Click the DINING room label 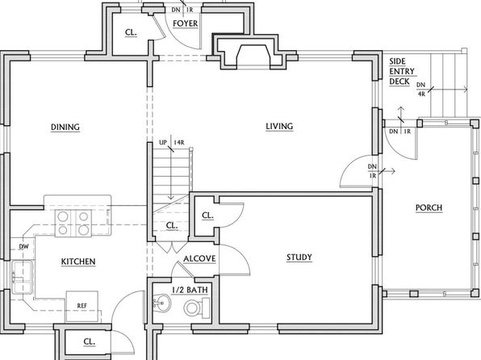[65, 127]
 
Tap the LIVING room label [279, 126]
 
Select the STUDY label [299, 257]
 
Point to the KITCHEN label [78, 262]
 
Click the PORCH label [429, 207]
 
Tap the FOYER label [186, 23]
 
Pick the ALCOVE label [199, 259]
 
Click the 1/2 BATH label [190, 290]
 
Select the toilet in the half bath [197, 308]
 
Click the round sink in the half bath [161, 303]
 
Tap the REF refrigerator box [82, 306]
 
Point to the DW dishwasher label [23, 246]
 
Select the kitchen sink [22, 277]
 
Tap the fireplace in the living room [252, 52]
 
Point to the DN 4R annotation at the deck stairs [421, 90]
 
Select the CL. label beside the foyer [131, 32]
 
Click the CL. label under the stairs [172, 225]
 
